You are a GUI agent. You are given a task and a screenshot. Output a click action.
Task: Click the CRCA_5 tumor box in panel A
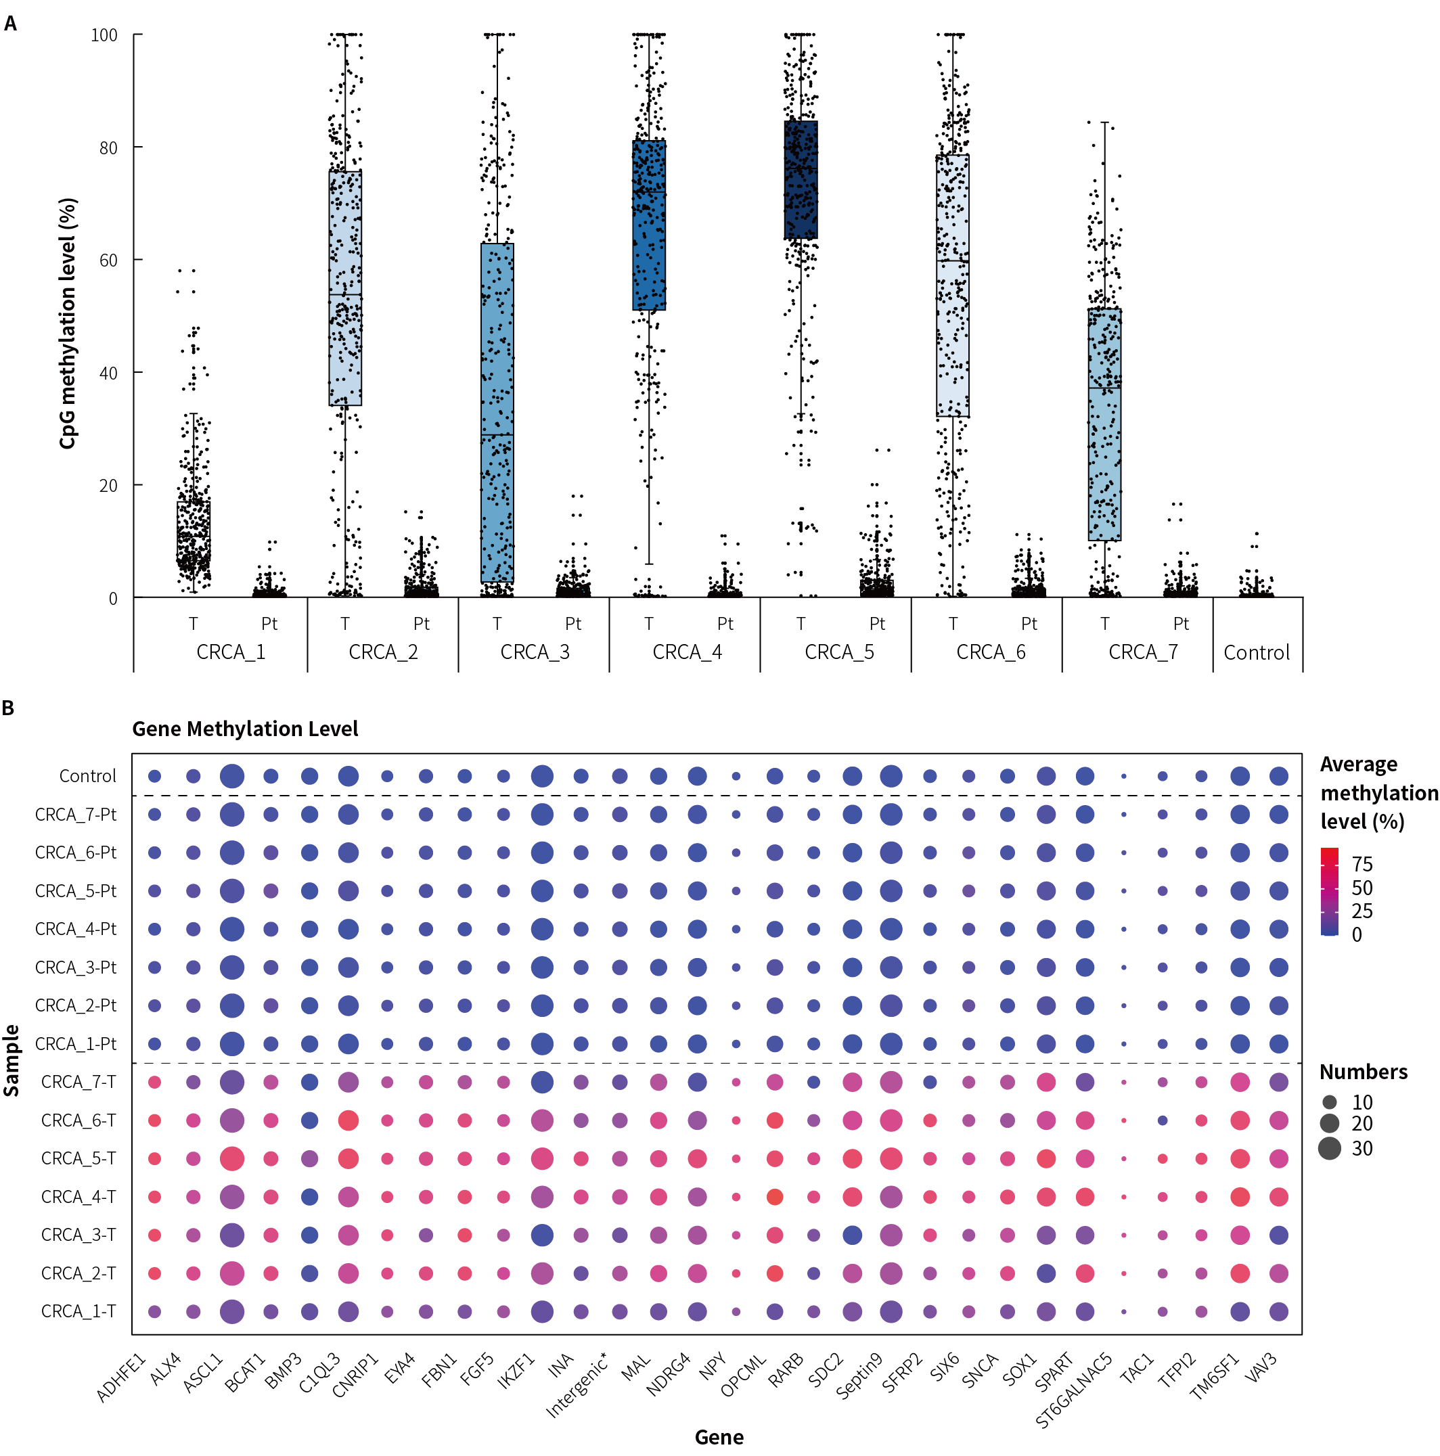pyautogui.click(x=801, y=179)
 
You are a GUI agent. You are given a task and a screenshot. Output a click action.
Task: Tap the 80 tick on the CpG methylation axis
pyautogui.click(x=108, y=147)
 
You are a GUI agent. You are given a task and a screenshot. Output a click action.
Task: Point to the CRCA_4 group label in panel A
pyautogui.click(x=687, y=652)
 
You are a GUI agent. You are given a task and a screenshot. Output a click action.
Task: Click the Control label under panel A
pyautogui.click(x=1257, y=653)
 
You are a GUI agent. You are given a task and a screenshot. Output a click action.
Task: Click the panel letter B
pyautogui.click(x=8, y=708)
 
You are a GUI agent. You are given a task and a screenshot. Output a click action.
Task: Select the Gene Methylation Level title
pyautogui.click(x=245, y=729)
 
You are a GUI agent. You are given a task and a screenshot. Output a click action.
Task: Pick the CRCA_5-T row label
pyautogui.click(x=78, y=1158)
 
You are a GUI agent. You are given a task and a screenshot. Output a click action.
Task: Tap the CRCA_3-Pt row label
pyautogui.click(x=75, y=967)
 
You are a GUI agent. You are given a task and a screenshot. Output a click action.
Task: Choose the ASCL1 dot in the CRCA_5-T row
pyautogui.click(x=232, y=1158)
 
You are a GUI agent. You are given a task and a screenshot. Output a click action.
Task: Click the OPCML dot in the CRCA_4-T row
pyautogui.click(x=774, y=1197)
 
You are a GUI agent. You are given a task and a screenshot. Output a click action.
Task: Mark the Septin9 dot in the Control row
pyautogui.click(x=891, y=776)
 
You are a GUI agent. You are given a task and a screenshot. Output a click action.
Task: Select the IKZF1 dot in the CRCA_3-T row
pyautogui.click(x=542, y=1235)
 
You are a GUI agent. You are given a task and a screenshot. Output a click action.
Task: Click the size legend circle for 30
pyautogui.click(x=1330, y=1149)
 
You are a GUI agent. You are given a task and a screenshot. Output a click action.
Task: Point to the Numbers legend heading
pyautogui.click(x=1363, y=1072)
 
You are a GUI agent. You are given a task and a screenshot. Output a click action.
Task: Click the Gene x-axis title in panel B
pyautogui.click(x=719, y=1437)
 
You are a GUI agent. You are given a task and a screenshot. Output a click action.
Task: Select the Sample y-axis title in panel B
pyautogui.click(x=12, y=1060)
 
